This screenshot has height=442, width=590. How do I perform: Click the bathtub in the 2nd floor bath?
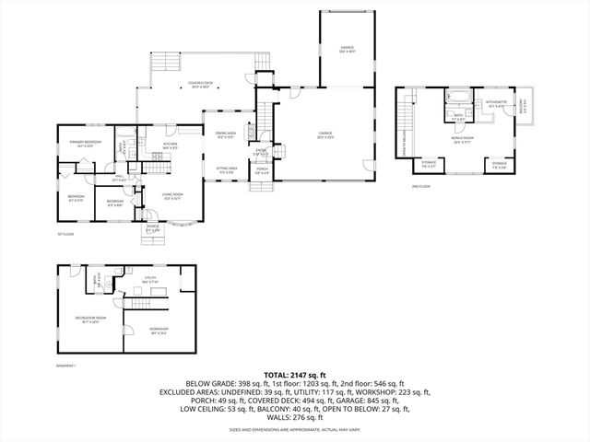pyautogui.click(x=458, y=97)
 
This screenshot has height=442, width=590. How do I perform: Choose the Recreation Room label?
pyautogui.click(x=90, y=320)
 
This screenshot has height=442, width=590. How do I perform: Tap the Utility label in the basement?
pyautogui.click(x=149, y=278)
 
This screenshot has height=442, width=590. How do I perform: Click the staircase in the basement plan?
pyautogui.click(x=140, y=305)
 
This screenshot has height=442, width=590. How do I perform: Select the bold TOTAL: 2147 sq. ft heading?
pyautogui.click(x=295, y=376)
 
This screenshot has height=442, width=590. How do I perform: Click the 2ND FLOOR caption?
pyautogui.click(x=422, y=186)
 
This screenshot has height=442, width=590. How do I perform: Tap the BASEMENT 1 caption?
pyautogui.click(x=67, y=365)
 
